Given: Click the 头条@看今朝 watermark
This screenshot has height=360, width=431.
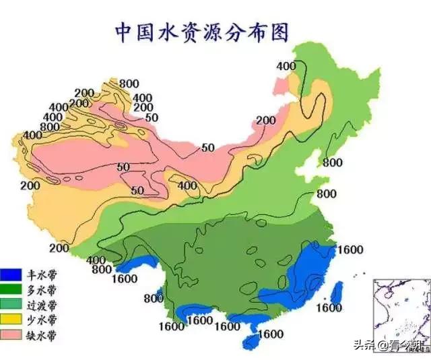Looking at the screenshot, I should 394,346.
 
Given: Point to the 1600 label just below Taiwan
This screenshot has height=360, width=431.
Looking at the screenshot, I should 330,308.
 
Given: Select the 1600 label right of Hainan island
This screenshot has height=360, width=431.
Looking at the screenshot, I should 270,333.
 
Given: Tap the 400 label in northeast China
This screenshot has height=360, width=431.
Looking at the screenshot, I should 286,65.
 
